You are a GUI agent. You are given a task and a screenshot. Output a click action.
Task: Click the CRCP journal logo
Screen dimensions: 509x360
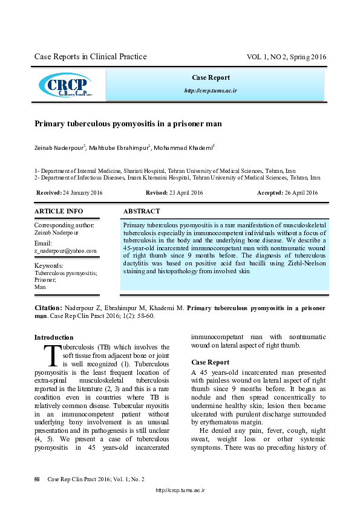[65, 85]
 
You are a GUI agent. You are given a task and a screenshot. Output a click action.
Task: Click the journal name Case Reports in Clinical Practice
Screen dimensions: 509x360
[90, 57]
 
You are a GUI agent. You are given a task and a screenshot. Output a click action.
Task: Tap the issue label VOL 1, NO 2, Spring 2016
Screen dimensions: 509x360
[286, 57]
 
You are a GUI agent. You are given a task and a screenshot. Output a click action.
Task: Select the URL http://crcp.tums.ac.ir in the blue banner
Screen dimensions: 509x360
[211, 91]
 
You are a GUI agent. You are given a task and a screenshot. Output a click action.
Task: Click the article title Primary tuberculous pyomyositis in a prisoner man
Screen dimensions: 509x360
[128, 123]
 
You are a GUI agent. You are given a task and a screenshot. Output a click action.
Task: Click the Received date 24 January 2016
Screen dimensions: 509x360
[82, 192]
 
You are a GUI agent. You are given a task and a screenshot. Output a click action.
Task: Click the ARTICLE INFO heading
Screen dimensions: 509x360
[59, 212]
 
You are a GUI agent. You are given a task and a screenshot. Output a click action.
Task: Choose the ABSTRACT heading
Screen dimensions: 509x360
[142, 212]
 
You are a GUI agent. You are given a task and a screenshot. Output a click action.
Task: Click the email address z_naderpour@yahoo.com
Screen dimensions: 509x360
[65, 250]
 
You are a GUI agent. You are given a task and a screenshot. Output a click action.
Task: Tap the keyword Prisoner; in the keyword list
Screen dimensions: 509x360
[45, 280]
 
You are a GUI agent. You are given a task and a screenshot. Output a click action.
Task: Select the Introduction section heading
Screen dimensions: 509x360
[54, 337]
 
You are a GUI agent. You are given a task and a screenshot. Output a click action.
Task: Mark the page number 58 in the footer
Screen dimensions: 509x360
[37, 479]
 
